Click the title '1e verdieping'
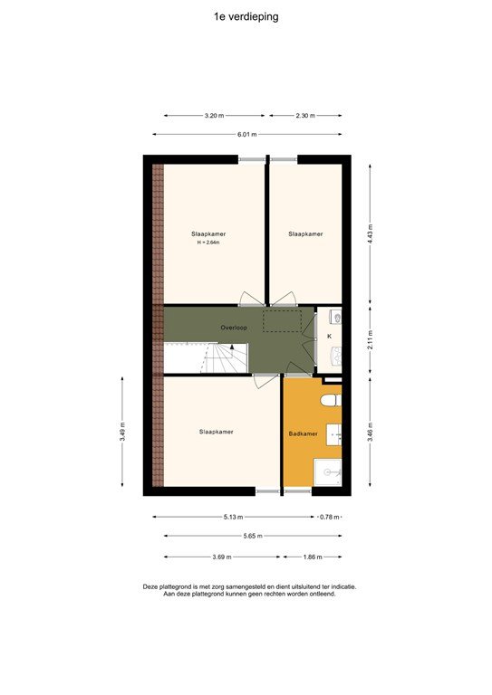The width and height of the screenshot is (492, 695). [246, 16]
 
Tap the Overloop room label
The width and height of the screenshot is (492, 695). [234, 327]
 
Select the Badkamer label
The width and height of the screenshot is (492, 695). [303, 433]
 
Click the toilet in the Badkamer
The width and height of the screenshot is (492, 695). [332, 398]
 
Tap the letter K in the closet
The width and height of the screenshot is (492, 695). [329, 337]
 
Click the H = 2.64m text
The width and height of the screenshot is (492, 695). [208, 243]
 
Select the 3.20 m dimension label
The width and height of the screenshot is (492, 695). [214, 116]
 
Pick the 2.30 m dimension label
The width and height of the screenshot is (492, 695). [304, 116]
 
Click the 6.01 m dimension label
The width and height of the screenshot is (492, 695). [246, 134]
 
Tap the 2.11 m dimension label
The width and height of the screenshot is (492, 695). [370, 340]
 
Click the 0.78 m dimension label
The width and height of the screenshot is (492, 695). [330, 517]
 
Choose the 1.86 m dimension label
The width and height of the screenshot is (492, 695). [313, 557]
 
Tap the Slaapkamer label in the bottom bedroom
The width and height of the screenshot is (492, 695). [216, 432]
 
